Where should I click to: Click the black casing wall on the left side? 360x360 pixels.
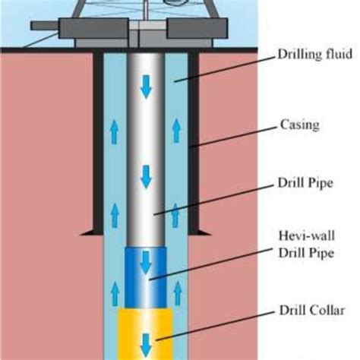point(98,144)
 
